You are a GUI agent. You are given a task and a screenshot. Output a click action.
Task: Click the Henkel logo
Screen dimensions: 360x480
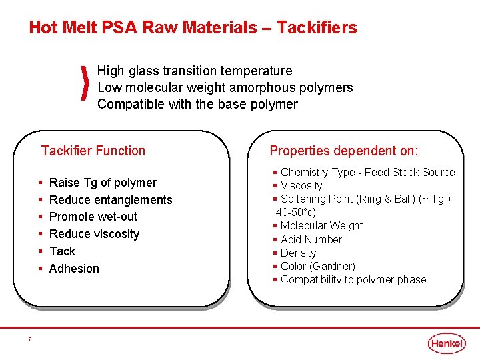[447, 343]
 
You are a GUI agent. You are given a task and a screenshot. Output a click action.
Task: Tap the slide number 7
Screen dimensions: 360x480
[30, 339]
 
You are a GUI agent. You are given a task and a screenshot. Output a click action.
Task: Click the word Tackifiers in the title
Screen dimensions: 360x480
[317, 28]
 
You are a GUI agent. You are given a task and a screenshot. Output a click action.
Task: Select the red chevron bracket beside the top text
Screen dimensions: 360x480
[85, 84]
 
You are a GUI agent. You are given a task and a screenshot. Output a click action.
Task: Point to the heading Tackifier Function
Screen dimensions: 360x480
[93, 151]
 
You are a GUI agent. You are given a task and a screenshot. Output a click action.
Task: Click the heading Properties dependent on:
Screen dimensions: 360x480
[344, 151]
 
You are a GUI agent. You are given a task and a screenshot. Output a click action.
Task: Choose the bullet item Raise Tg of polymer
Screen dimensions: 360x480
[103, 183]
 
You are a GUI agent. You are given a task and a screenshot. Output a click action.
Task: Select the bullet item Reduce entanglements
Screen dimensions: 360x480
[111, 200]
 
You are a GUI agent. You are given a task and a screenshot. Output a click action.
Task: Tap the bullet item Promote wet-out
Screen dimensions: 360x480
[93, 217]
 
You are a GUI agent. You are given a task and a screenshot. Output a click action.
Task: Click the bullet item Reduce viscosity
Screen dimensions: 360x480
[95, 234]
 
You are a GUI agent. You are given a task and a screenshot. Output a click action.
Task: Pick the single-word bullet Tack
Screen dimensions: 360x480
[63, 251]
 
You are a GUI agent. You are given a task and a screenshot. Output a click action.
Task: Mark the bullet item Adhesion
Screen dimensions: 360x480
[74, 269]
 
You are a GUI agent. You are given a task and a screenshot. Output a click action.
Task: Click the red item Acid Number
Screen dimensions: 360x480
[311, 239]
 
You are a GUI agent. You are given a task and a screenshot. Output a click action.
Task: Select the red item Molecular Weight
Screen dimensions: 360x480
[321, 226]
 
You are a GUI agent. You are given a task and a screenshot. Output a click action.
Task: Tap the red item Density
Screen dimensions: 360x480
[298, 253]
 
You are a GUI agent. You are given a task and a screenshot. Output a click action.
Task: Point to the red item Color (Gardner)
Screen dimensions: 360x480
[318, 266]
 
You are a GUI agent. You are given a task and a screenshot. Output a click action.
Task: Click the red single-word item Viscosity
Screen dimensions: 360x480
[301, 185]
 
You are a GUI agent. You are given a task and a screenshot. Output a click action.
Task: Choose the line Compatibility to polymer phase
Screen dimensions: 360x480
[353, 279]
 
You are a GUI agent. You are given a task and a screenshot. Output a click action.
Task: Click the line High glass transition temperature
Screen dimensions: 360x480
[195, 71]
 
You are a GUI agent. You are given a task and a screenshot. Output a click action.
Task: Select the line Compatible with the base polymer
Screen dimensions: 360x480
[197, 104]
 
